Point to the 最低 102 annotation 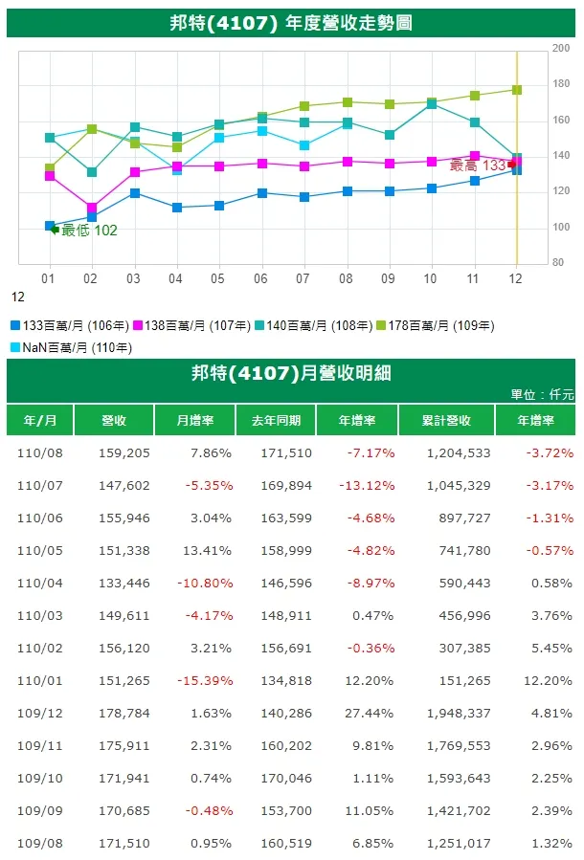click(x=89, y=231)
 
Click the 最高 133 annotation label click(x=477, y=165)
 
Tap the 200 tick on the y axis click(x=562, y=47)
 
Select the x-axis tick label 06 click(x=261, y=277)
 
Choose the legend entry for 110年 click(x=72, y=347)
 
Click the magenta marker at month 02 click(x=91, y=208)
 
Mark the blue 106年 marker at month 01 click(x=50, y=227)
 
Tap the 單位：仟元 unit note click(x=543, y=394)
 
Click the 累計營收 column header click(x=446, y=421)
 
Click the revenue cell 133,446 click(x=124, y=583)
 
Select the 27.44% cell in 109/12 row click(x=368, y=713)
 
